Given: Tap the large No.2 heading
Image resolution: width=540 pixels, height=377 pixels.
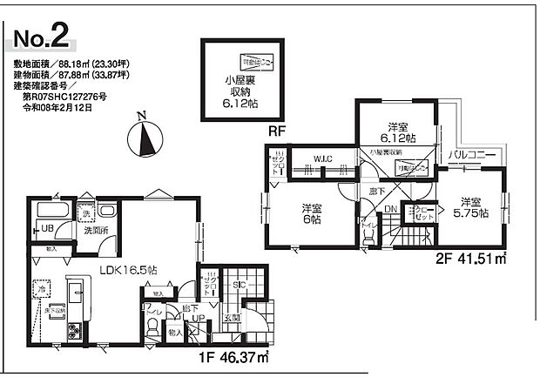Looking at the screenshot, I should click(44, 38).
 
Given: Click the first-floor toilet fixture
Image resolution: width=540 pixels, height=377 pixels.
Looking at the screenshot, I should click(153, 326).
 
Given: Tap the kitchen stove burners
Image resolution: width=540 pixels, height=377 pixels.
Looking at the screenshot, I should click(47, 330).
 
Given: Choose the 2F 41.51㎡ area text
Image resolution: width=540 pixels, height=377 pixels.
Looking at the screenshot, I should click(469, 259).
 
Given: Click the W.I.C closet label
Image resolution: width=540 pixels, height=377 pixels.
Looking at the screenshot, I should click(322, 158).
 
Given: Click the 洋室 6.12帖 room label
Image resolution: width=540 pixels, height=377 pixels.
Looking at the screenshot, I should click(401, 132).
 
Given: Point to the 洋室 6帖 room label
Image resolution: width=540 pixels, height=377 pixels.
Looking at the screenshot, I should click(313, 213).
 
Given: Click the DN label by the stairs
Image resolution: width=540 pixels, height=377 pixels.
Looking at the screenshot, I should click(391, 210).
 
